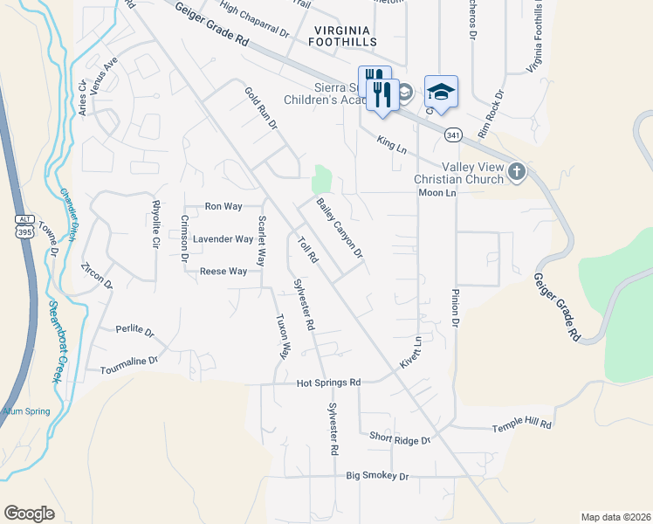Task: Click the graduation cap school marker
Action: click(x=441, y=92)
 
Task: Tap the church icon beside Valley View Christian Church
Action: click(x=516, y=172)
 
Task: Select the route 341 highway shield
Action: click(x=452, y=135)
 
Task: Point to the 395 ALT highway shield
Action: click(x=24, y=224)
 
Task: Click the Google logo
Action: click(x=29, y=514)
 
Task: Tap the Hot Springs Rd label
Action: click(x=328, y=383)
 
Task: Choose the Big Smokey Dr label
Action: click(x=377, y=476)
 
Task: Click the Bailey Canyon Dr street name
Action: click(x=340, y=228)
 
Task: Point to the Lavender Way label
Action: click(x=223, y=238)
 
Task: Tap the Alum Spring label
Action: click(x=25, y=411)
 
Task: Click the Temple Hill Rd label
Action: click(x=522, y=424)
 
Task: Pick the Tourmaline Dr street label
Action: click(x=128, y=361)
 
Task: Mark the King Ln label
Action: click(x=392, y=144)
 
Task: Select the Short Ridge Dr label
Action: click(x=400, y=438)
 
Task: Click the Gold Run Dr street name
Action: click(x=260, y=107)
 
